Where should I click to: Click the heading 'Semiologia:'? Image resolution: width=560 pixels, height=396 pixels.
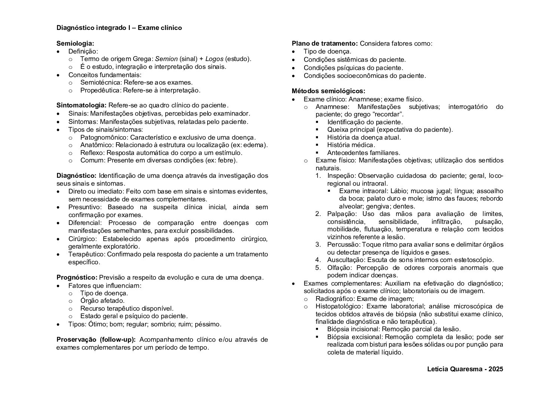(x=75, y=43)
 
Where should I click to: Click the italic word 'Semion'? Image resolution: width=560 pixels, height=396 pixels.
(x=166, y=59)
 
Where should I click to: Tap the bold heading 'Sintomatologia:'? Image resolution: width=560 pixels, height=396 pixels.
(x=82, y=105)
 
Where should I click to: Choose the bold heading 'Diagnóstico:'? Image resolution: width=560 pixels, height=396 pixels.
(x=76, y=176)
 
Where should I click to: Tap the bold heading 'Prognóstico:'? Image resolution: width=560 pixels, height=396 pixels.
(x=77, y=277)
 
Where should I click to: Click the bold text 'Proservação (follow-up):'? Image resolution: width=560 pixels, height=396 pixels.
(x=96, y=339)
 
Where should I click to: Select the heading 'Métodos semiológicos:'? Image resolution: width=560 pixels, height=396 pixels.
(x=328, y=91)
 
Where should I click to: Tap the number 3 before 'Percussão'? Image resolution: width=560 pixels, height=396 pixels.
(x=318, y=244)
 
